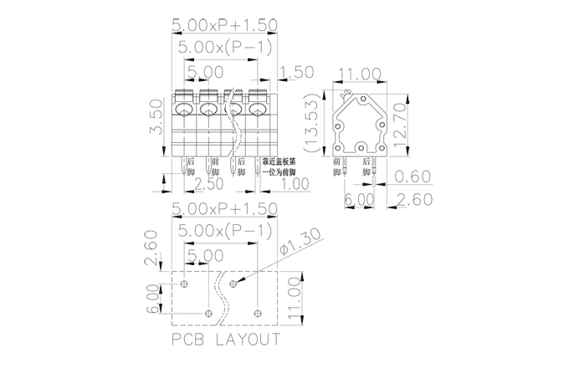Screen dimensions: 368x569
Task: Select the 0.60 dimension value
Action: (411, 177)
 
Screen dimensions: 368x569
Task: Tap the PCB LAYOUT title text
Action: (225, 340)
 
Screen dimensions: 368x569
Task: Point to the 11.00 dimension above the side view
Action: (359, 74)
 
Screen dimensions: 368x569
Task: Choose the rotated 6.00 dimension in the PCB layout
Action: (152, 298)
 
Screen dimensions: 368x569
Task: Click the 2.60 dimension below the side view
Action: (411, 199)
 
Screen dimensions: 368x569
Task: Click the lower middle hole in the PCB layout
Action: (208, 314)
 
